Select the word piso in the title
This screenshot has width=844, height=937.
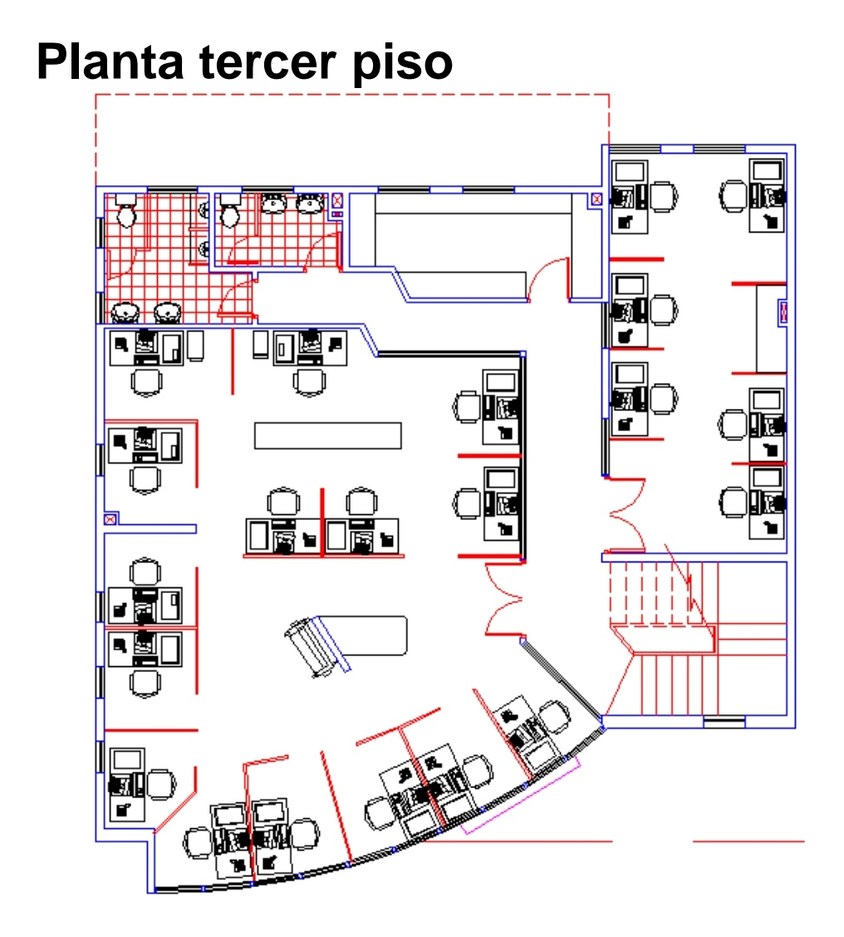[401, 62]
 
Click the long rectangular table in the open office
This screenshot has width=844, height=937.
[327, 435]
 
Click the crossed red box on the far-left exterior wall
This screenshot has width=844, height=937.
[110, 518]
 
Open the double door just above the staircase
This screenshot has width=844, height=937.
[626, 518]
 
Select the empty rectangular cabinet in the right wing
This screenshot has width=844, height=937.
[771, 328]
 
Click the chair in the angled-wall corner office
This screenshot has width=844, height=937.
[160, 783]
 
